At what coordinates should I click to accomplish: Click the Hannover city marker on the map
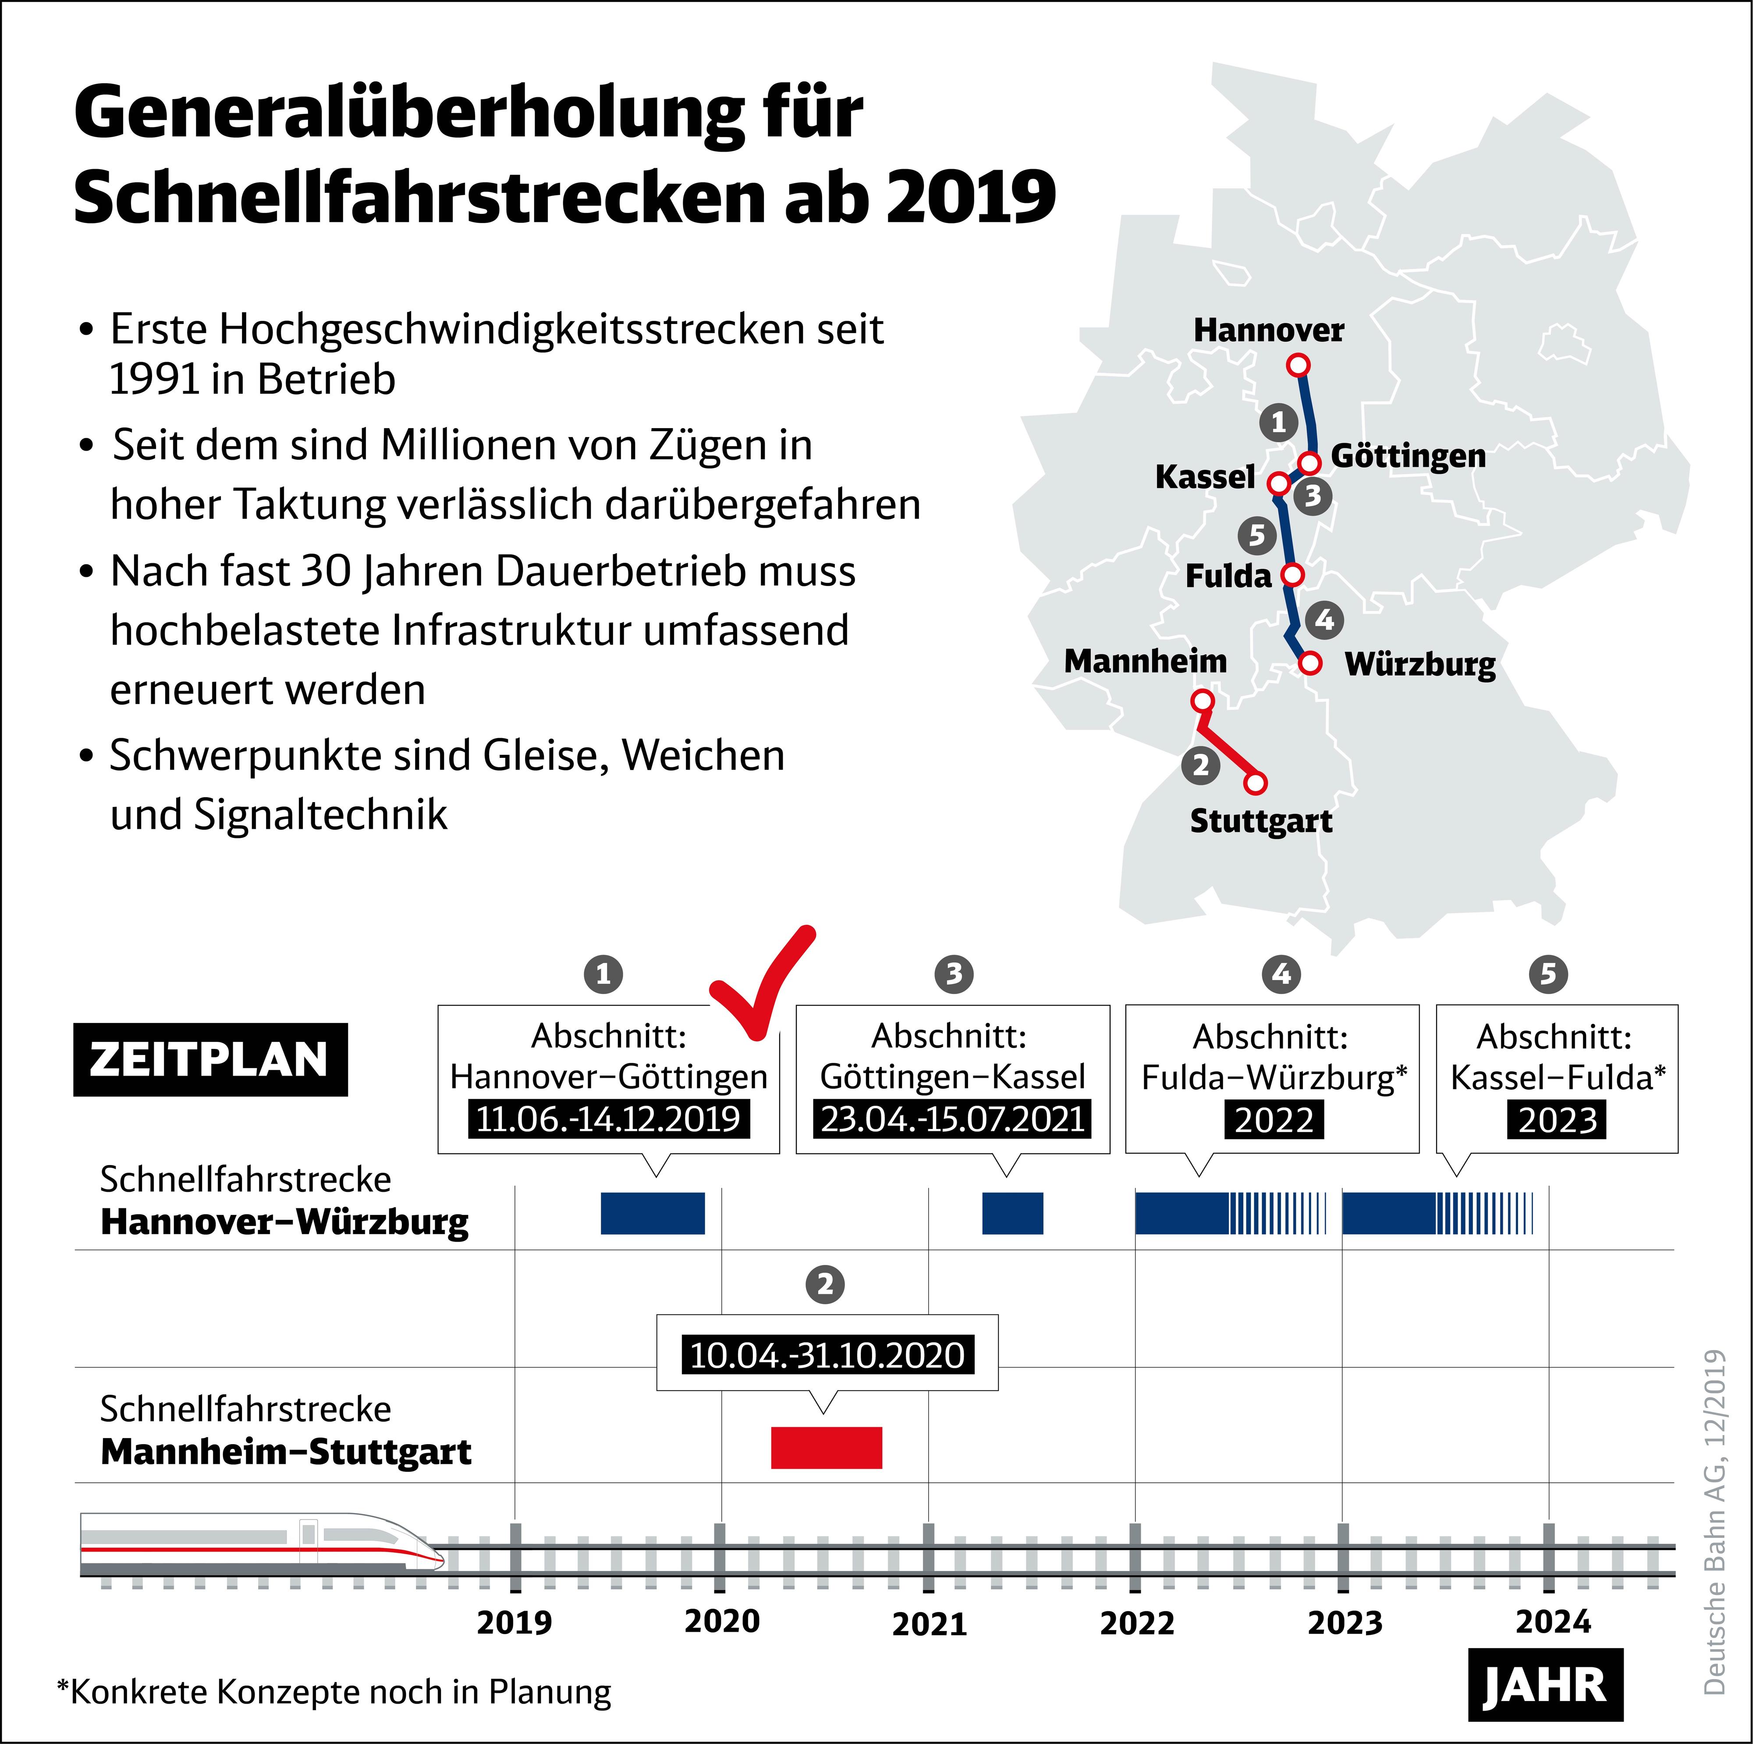(x=1299, y=365)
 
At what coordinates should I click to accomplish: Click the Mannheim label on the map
(x=1145, y=661)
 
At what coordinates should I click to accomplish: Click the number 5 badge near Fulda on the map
(x=1256, y=535)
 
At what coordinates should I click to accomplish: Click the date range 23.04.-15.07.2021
(x=953, y=1119)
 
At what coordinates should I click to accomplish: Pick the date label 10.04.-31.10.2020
(x=827, y=1355)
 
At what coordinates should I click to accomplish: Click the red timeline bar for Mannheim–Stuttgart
(x=826, y=1447)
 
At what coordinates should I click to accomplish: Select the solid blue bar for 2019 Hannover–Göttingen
(x=653, y=1213)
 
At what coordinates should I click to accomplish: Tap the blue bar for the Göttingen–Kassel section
(x=1013, y=1213)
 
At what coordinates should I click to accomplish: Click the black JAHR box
(x=1545, y=1685)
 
